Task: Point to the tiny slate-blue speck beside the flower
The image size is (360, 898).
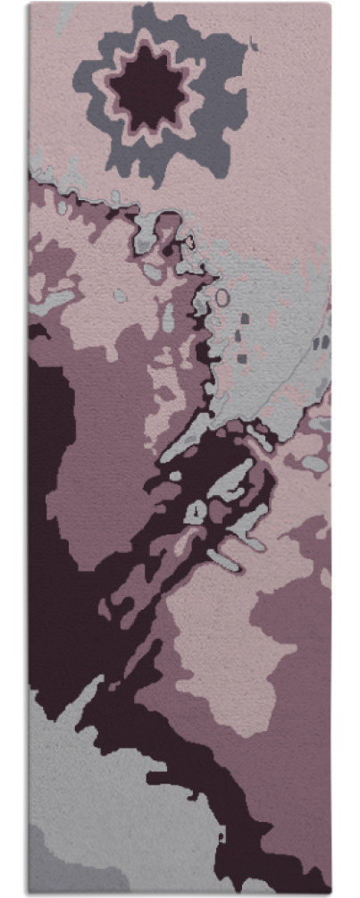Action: [254, 39]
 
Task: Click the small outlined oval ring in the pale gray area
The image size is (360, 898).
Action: [222, 297]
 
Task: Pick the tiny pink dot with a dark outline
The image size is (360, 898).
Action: [189, 241]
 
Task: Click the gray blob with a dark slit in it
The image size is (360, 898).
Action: [196, 510]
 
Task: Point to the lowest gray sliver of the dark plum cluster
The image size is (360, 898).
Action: [223, 560]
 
